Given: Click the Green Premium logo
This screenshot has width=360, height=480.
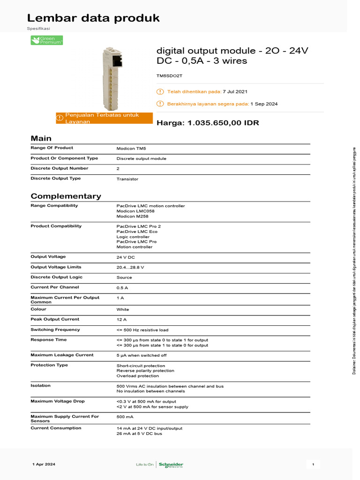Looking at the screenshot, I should pyautogui.click(x=46, y=41).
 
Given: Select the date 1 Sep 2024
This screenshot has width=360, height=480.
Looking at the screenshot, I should pyautogui.click(x=264, y=104).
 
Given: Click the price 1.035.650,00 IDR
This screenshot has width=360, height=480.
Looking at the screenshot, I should pyautogui.click(x=223, y=123).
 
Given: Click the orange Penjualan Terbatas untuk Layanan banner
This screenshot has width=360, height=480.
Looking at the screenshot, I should pyautogui.click(x=104, y=118).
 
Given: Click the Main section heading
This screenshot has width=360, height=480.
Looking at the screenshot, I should pyautogui.click(x=41, y=138).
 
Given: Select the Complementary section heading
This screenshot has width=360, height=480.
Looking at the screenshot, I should pyautogui.click(x=66, y=196).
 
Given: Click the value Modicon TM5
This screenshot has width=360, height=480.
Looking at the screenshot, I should pyautogui.click(x=131, y=148).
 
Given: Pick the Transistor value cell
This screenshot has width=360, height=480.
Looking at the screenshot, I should pyautogui.click(x=127, y=179).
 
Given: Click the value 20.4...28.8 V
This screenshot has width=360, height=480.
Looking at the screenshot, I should pyautogui.click(x=130, y=267).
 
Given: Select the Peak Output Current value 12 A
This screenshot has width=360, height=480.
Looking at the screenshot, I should pyautogui.click(x=121, y=320).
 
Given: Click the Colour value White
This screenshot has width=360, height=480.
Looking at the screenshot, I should pyautogui.click(x=123, y=309).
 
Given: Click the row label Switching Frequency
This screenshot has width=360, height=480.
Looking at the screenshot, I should pyautogui.click(x=55, y=330).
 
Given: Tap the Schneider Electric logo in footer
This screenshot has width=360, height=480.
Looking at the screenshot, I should pyautogui.click(x=171, y=465).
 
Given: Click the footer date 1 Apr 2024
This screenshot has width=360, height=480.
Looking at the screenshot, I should pyautogui.click(x=44, y=464).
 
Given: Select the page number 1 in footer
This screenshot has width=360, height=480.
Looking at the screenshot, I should pyautogui.click(x=313, y=464).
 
